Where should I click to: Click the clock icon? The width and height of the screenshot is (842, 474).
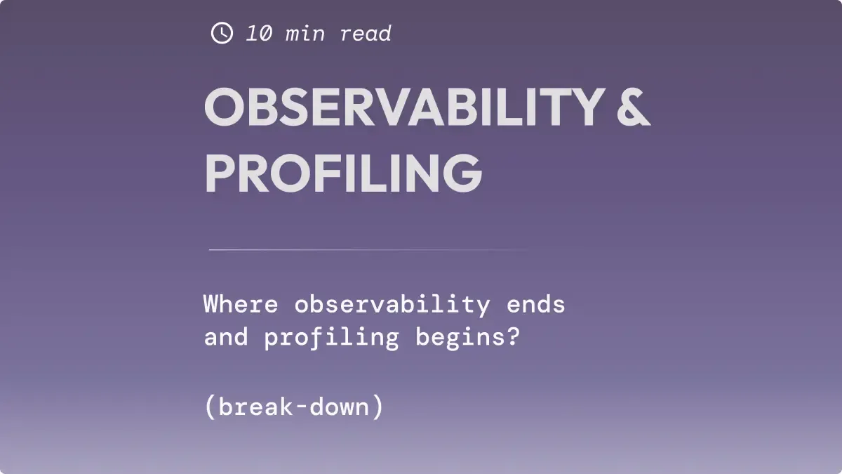[x=222, y=33]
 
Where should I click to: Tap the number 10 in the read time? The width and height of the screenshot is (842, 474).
[x=260, y=34]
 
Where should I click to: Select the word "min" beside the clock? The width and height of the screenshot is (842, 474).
[x=305, y=34]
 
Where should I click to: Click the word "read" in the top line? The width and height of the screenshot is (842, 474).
[x=366, y=34]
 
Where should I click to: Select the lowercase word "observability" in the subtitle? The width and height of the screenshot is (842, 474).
[x=392, y=305]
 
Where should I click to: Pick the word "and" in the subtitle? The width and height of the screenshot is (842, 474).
[x=226, y=338]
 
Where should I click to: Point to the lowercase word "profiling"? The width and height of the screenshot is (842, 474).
[x=331, y=338]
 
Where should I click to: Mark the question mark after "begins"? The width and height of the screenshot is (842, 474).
[x=513, y=338]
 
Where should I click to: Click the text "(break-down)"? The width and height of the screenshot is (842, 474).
[x=294, y=407]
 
